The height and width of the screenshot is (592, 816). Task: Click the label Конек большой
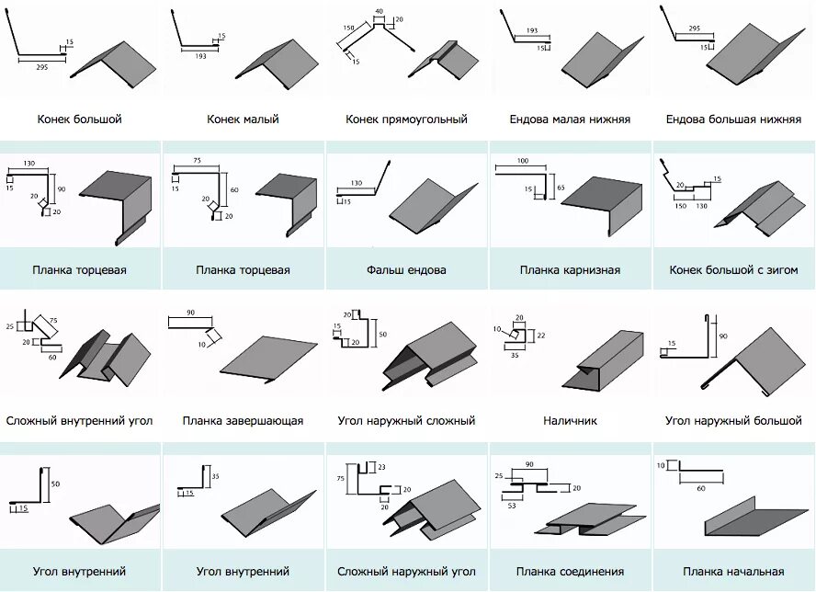click(80, 120)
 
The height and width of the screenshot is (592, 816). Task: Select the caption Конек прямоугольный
click(406, 120)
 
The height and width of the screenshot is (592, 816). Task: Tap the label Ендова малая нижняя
click(570, 120)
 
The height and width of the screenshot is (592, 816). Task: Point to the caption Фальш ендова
click(406, 270)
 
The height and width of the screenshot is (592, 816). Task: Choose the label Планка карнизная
click(570, 270)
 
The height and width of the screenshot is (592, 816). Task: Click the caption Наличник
click(570, 421)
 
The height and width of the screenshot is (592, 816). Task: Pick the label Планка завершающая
click(243, 421)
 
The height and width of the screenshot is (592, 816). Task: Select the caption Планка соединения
click(570, 572)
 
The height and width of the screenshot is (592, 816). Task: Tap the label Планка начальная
click(733, 572)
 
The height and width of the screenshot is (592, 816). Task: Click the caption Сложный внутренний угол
click(80, 421)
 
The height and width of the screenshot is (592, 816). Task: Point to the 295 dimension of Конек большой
click(41, 67)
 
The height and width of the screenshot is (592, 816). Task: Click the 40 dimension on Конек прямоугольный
click(379, 11)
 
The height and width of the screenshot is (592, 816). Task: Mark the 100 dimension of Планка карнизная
click(523, 162)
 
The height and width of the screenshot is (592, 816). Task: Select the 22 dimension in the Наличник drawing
click(541, 336)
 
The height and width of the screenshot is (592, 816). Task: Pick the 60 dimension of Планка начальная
click(701, 488)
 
